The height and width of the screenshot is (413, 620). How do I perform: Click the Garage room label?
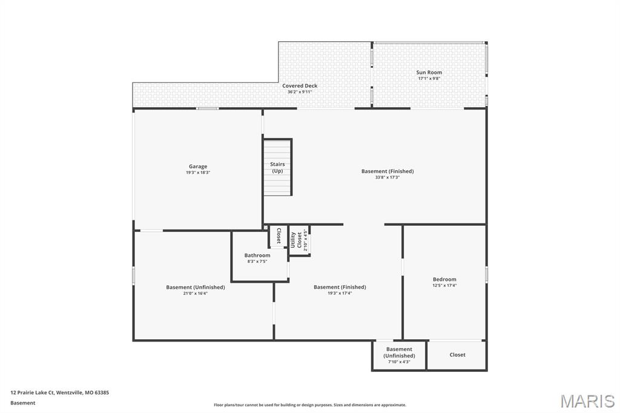click(197, 167)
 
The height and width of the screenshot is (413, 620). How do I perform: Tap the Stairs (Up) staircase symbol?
click(277, 167)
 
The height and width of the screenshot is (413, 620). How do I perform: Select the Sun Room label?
click(429, 73)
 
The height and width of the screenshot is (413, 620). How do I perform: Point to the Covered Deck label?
click(300, 86)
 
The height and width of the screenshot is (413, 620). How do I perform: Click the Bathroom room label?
click(257, 256)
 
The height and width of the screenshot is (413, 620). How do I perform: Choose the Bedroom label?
click(444, 280)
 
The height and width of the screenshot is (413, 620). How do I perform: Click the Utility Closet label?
click(296, 239)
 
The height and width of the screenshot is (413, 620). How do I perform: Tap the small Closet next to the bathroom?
click(278, 236)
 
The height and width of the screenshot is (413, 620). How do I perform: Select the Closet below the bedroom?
click(457, 355)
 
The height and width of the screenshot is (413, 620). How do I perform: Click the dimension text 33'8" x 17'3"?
click(387, 177)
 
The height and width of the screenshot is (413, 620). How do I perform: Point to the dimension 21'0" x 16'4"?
click(196, 293)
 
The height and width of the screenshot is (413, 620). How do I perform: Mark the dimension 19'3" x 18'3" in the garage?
click(197, 173)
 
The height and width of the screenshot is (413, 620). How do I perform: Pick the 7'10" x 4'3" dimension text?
click(399, 362)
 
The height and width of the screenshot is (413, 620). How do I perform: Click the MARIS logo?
click(587, 400)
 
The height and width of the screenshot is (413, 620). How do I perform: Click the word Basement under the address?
click(23, 403)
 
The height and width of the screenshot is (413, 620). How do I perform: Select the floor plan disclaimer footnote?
click(310, 405)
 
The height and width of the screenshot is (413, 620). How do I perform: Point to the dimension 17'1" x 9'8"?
click(429, 79)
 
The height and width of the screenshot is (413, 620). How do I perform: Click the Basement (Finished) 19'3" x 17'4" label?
click(340, 287)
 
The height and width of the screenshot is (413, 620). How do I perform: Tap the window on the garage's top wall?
click(208, 108)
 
